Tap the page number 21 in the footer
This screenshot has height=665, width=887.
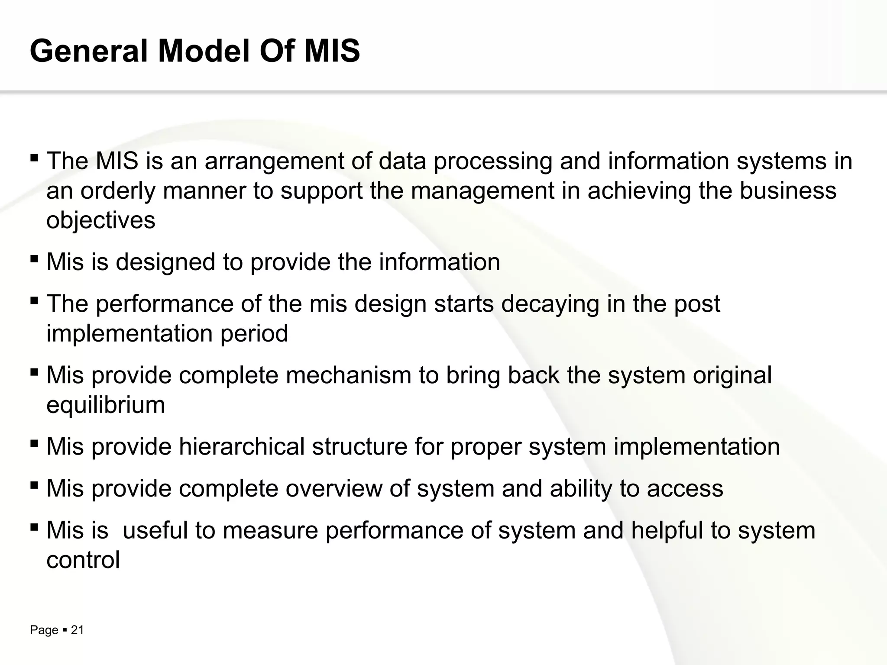coord(77,630)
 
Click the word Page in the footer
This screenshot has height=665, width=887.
coord(44,630)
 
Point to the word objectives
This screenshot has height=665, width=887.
coord(100,220)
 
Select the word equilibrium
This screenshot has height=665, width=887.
coord(106,405)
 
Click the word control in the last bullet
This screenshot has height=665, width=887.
coord(83,560)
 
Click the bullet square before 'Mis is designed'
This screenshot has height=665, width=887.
coord(34,259)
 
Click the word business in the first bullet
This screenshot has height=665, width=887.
coord(787,191)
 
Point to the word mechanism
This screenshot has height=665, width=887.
coord(348,375)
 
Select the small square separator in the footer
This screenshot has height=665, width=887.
coord(64,630)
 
